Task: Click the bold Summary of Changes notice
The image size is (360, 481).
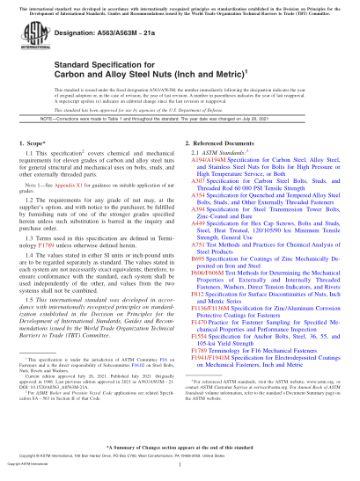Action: (x=180, y=446)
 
